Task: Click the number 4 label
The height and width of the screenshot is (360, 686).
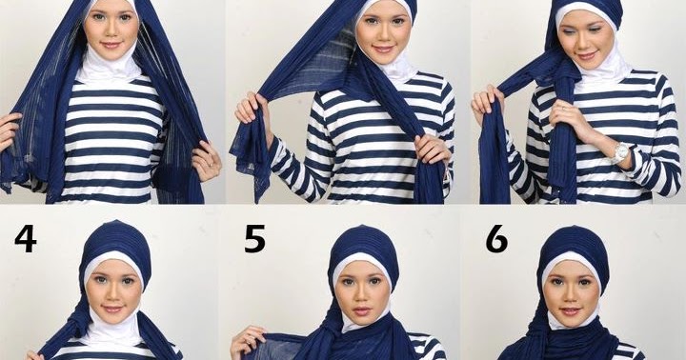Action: (26, 239)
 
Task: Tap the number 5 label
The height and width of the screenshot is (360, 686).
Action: (254, 239)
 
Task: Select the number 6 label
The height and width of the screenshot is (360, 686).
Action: (497, 239)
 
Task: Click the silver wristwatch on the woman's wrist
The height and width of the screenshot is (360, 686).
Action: (620, 152)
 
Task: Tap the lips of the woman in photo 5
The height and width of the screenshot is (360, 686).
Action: (363, 311)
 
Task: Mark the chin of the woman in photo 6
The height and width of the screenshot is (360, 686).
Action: (571, 323)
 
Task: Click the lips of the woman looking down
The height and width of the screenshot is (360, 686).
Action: (586, 55)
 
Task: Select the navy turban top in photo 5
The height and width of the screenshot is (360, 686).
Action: (364, 245)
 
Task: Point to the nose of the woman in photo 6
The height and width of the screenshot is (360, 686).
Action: (570, 294)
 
